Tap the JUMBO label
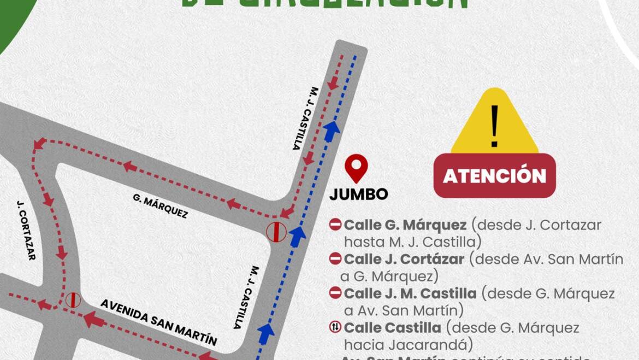359,194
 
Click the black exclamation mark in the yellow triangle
494,127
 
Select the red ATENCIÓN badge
494,176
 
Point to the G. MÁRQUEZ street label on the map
161,206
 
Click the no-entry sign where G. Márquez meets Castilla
276,232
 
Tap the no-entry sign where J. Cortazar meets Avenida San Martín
73,300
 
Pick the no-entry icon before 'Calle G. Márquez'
335,225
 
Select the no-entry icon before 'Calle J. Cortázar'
335,259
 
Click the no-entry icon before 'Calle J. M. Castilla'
335,293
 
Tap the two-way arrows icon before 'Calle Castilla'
335,328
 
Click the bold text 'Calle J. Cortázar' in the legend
404,259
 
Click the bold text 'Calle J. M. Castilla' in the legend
410,293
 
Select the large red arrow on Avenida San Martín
94,319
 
